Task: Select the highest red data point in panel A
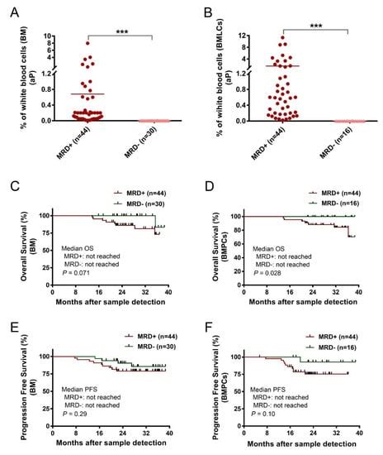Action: (87, 42)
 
